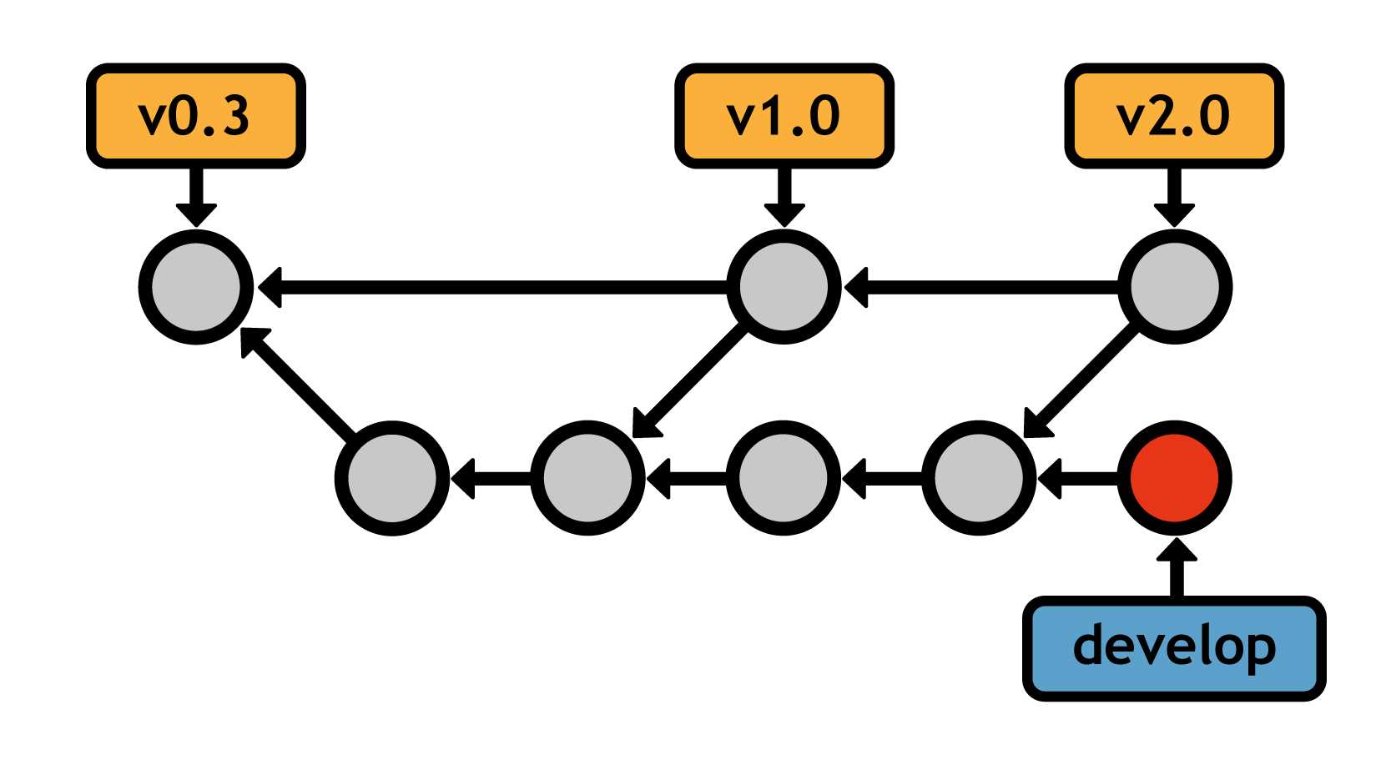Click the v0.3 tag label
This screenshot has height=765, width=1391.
pos(195,116)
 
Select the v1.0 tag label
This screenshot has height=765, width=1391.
pos(784,116)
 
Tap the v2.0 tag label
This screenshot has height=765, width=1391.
pos(1173,116)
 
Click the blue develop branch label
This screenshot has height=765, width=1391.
pos(1173,648)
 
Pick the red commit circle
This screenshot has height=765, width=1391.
pos(1174,478)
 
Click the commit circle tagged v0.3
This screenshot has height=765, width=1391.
pos(196,286)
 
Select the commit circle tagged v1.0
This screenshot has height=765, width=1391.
pos(784,286)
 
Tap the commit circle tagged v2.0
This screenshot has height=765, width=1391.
pos(1174,286)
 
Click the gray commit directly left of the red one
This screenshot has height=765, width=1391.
pos(979,478)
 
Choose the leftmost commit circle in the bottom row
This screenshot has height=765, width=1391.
pos(392,478)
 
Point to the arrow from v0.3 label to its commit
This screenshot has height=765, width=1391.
pos(196,196)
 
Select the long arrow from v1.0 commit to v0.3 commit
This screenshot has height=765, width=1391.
pos(492,288)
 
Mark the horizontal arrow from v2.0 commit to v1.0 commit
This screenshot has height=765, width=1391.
pos(980,288)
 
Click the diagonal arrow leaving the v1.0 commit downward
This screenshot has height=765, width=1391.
pos(688,381)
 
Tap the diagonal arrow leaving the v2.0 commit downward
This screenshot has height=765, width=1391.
pos(1081,381)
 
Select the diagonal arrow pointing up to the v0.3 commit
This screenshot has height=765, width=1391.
pos(300,384)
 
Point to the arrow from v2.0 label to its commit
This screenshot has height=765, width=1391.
pos(1174,196)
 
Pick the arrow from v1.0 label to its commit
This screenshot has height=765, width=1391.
pos(784,196)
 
